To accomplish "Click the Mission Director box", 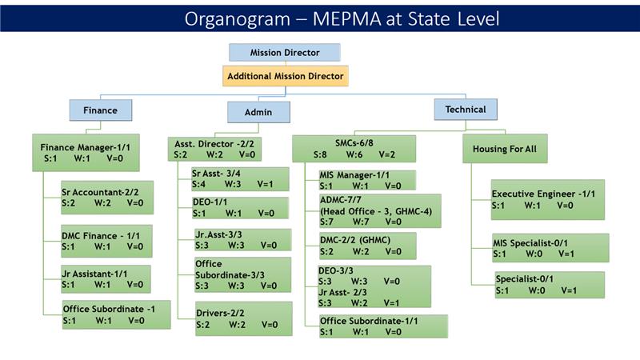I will coord(285,53).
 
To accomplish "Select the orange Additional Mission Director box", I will coord(285,76).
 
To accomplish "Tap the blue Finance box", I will coord(100,110).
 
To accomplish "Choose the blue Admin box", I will coord(258,112).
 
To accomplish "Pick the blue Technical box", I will coord(465,109).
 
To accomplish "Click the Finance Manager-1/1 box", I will coord(86,152).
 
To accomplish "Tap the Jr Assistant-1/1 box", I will coord(106,279).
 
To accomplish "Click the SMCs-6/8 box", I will coord(354,149).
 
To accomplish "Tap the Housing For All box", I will coord(505,149).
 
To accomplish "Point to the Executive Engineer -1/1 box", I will coord(547,199).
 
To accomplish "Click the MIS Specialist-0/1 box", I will coord(550,247).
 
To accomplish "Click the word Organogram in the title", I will coord(238,18).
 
